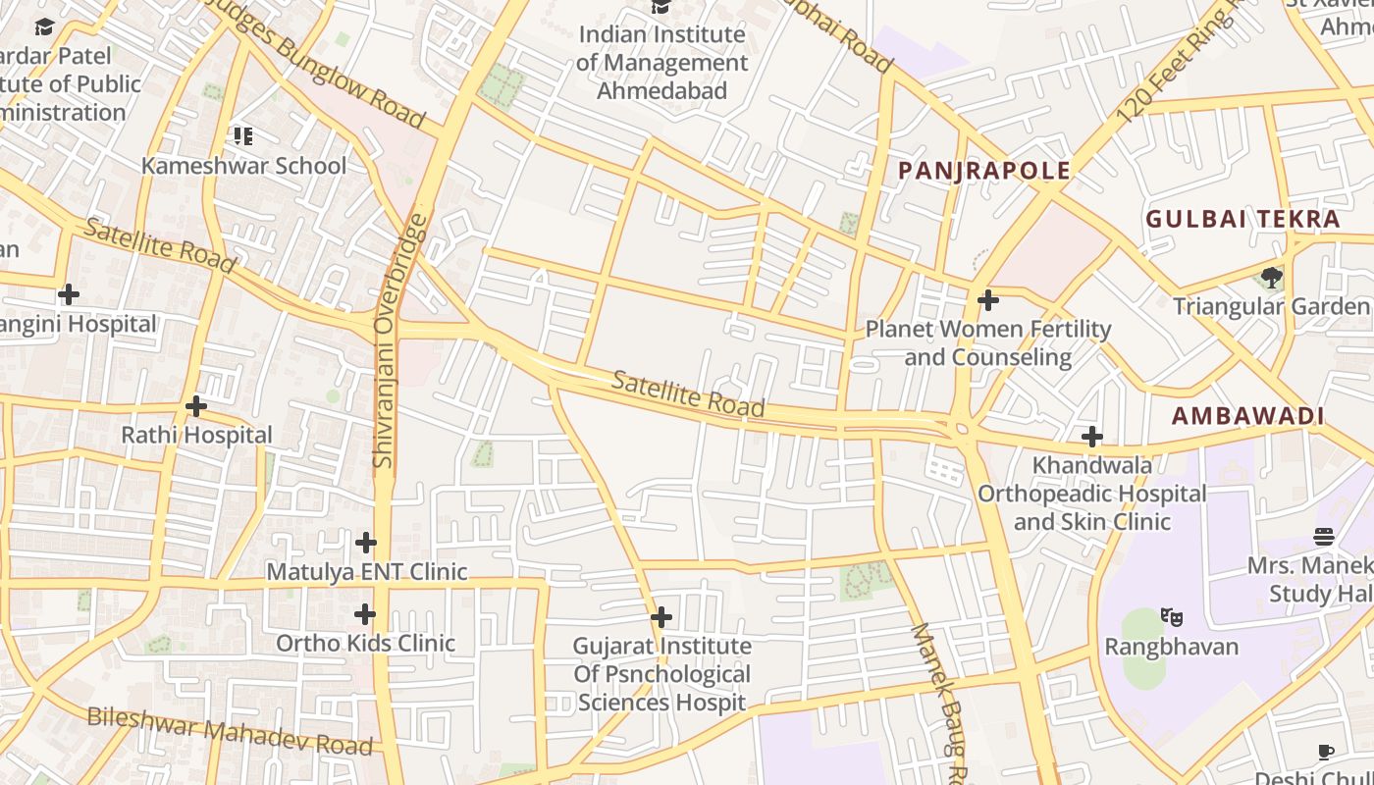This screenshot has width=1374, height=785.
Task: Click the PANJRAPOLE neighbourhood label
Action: point(984,171)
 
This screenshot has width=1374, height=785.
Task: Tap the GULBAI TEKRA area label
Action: point(1242,219)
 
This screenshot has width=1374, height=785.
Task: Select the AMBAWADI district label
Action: point(1248,416)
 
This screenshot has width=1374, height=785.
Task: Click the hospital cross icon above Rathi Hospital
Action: point(196,405)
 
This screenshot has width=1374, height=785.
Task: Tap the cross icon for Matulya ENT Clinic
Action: point(366,542)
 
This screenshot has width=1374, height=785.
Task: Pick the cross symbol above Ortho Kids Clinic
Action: point(365,614)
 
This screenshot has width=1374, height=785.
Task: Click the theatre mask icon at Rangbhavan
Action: point(1171,617)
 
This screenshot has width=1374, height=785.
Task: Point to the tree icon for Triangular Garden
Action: point(1272,277)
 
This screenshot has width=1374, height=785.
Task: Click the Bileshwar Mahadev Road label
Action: point(231,731)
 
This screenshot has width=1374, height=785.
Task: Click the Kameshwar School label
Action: point(243,165)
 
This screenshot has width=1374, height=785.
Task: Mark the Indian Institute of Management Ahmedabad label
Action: point(661,63)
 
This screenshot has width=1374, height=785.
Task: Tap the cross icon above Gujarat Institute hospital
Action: point(661,617)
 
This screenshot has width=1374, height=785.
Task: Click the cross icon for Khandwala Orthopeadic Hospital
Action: point(1091,436)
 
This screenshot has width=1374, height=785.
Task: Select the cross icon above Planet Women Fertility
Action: point(988,299)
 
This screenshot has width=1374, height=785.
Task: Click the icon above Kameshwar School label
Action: point(241,135)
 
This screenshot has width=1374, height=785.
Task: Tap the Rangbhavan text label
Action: point(1171,647)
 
